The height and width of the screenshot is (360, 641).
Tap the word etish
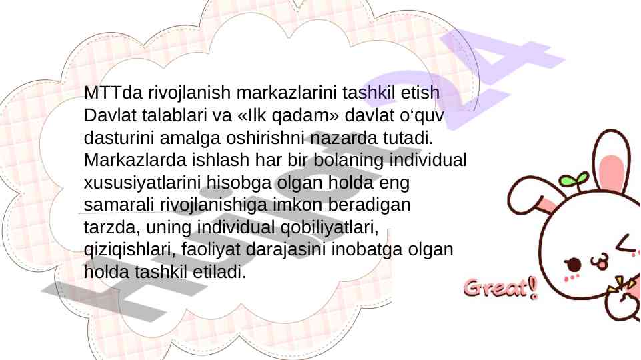420,93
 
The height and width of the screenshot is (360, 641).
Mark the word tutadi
408,138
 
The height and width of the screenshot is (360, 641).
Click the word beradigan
369,205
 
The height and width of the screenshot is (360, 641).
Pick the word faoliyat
211,251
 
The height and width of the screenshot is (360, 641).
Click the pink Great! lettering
500,288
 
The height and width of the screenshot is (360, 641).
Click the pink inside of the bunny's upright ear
611,173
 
